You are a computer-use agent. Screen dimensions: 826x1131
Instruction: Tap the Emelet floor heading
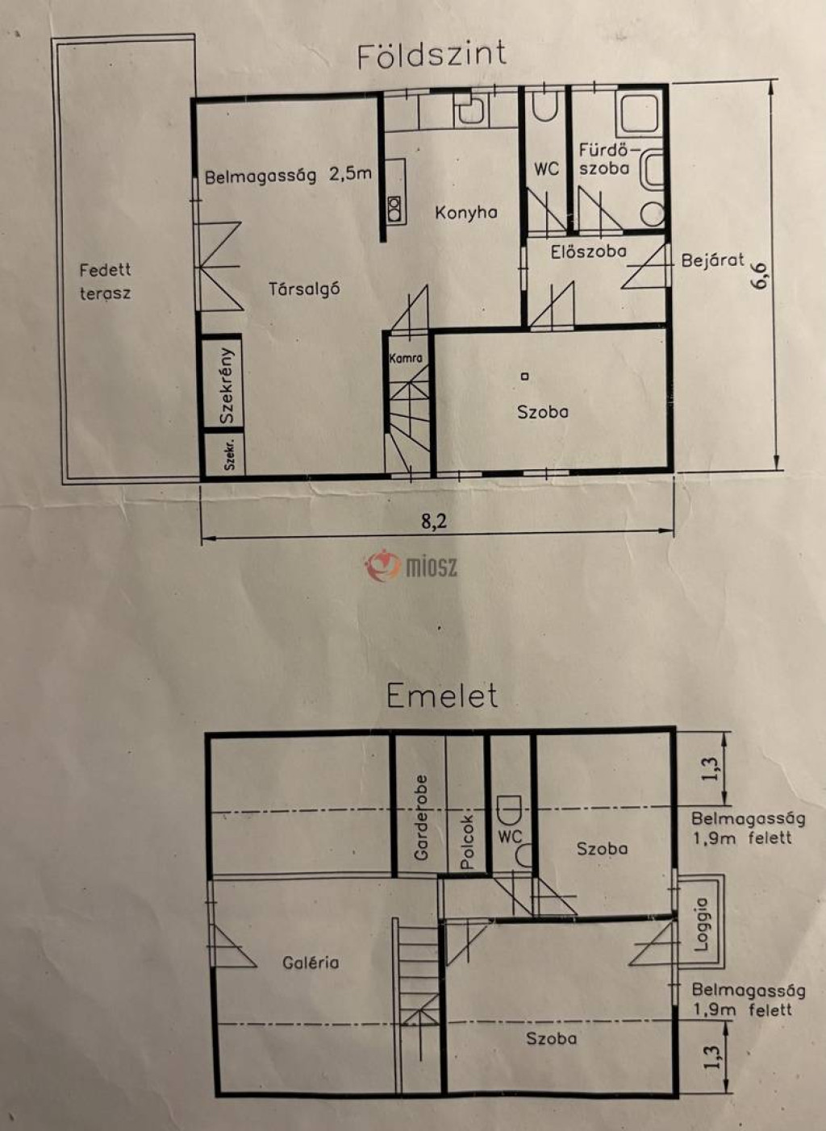pos(443,696)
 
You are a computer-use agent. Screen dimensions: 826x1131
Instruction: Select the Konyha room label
pos(465,213)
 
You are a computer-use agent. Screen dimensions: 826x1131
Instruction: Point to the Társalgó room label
pos(304,289)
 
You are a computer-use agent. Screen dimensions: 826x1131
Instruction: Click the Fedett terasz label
pos(105,281)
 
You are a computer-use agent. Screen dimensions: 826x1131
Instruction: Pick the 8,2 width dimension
pos(435,521)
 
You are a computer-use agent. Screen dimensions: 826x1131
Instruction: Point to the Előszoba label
pos(589,251)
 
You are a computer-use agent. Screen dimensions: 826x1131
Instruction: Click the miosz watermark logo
pos(411,566)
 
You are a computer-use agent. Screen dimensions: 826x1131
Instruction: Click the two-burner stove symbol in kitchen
pos(394,209)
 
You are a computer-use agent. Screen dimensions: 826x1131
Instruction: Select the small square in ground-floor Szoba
pos(525,376)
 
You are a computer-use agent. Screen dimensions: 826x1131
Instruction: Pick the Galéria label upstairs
pos(311,963)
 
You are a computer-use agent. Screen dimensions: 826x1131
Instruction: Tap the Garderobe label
pos(420,818)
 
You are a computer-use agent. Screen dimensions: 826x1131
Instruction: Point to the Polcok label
pos(467,842)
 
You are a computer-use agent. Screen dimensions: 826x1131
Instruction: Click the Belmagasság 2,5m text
pos(289,176)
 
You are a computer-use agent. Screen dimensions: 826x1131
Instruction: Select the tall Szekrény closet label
pos(227,386)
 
